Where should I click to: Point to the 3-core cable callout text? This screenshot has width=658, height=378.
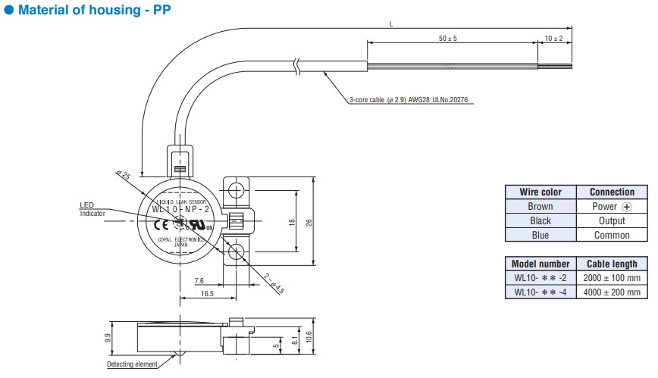coord(412,100)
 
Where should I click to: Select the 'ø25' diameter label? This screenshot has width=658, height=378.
coord(123,176)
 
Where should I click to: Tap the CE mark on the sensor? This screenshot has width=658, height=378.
coord(161,224)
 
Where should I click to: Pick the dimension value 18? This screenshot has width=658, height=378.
coord(291,222)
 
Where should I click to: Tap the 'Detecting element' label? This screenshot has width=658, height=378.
coord(132,365)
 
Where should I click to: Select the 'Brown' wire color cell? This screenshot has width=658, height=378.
coord(540,206)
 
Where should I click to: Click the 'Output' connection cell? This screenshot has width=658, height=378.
coord(611,220)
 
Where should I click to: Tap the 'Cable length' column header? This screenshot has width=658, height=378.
coord(613,264)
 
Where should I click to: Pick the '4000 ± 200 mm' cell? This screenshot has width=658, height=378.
coord(613,292)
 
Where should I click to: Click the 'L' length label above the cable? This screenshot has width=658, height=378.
coord(391,24)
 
